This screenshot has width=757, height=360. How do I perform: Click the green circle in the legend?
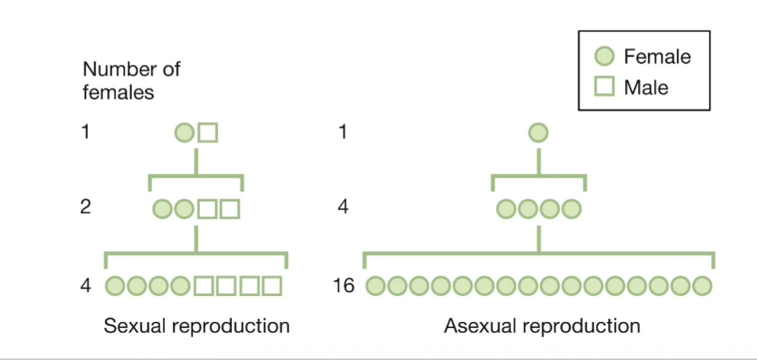[604, 56]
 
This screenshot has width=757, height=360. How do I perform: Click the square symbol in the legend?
[604, 87]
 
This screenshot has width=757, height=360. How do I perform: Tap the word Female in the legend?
[656, 56]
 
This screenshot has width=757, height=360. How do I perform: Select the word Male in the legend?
[646, 87]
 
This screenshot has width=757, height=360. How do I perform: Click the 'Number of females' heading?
[131, 81]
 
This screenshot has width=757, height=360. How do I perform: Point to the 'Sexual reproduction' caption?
[197, 326]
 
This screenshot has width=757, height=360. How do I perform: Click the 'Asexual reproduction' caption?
[542, 326]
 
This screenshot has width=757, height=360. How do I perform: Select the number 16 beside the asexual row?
[345, 286]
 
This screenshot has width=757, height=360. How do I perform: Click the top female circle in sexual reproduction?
[184, 133]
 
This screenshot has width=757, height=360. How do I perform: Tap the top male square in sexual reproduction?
[208, 133]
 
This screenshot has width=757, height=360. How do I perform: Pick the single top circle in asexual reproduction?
[538, 133]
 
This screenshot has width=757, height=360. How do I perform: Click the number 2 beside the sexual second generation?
[86, 207]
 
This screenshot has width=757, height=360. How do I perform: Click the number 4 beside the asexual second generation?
[343, 207]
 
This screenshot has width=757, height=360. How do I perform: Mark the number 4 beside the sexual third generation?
[86, 286]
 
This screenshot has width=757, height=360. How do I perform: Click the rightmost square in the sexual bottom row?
[272, 286]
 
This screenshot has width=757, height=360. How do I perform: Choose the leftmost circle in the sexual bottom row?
[114, 286]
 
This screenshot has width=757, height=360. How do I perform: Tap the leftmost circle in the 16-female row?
[375, 286]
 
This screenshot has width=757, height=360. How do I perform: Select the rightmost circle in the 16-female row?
[702, 286]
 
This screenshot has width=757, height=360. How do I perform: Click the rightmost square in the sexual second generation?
[230, 208]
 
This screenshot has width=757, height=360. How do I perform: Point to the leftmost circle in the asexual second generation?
[506, 208]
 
